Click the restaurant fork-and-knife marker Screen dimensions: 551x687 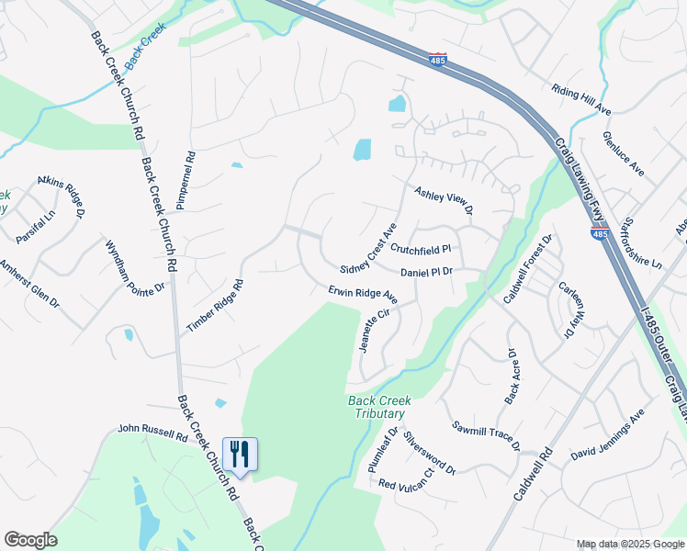point(240,455)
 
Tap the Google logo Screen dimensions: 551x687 point(30,540)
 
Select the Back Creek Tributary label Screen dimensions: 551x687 point(379,407)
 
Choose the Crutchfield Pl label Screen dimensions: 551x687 point(421,249)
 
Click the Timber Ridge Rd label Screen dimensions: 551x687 point(214,307)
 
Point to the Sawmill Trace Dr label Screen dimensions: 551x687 point(486,436)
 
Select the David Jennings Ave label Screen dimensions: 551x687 point(607,437)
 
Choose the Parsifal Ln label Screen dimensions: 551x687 point(36,226)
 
